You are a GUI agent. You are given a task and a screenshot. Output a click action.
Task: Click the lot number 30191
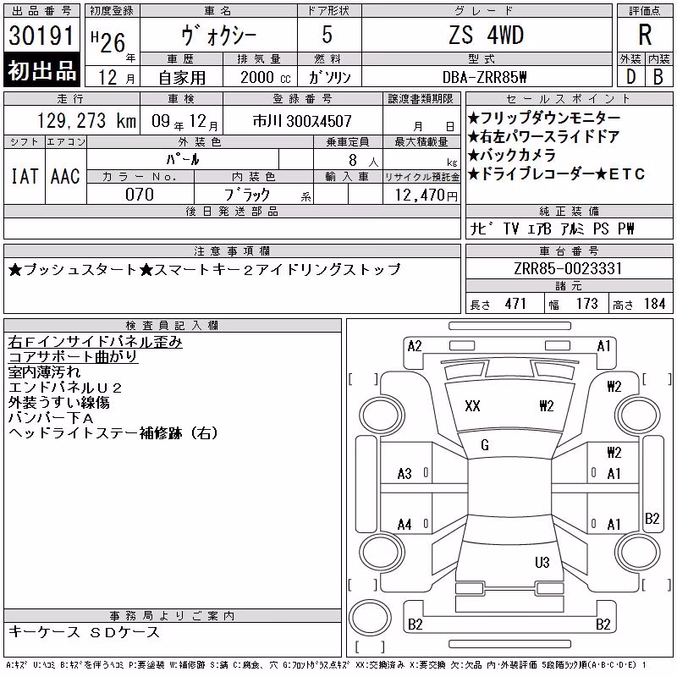41,36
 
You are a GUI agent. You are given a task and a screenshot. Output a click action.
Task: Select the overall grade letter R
645,35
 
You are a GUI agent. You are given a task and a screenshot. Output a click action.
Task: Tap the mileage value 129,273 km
86,121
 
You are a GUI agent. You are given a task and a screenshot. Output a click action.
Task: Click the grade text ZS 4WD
486,35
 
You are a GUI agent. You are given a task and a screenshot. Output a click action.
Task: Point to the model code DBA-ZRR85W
485,77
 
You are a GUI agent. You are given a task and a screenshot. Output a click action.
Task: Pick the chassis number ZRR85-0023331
568,268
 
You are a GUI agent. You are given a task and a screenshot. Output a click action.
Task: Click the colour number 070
140,195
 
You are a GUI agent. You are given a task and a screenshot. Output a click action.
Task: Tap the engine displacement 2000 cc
265,77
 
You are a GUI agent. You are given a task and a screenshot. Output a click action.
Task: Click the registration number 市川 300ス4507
302,121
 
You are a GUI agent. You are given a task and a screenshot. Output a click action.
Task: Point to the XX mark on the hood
472,406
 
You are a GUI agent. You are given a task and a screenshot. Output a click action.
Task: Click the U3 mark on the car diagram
542,562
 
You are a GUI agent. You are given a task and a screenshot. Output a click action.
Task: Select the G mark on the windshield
485,445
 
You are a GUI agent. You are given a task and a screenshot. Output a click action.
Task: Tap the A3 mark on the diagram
405,474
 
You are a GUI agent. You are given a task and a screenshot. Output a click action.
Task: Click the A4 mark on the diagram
405,525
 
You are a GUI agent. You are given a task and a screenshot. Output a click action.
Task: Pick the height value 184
654,304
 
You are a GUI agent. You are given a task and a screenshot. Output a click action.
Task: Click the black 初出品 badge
41,70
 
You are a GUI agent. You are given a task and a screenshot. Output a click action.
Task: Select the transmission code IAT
25,176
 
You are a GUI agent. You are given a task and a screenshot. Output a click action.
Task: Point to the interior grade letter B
658,77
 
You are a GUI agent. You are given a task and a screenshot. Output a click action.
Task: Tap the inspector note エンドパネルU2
65,388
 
